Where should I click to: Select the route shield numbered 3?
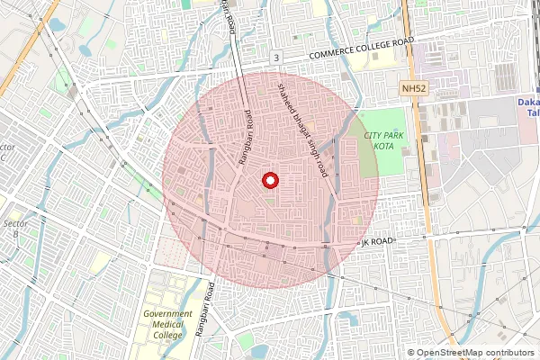click(x=276, y=58)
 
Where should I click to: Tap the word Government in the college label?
click(x=167, y=315)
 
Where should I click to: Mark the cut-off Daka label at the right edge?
click(x=529, y=103)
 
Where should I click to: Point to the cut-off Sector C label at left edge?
click(x=8, y=152)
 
